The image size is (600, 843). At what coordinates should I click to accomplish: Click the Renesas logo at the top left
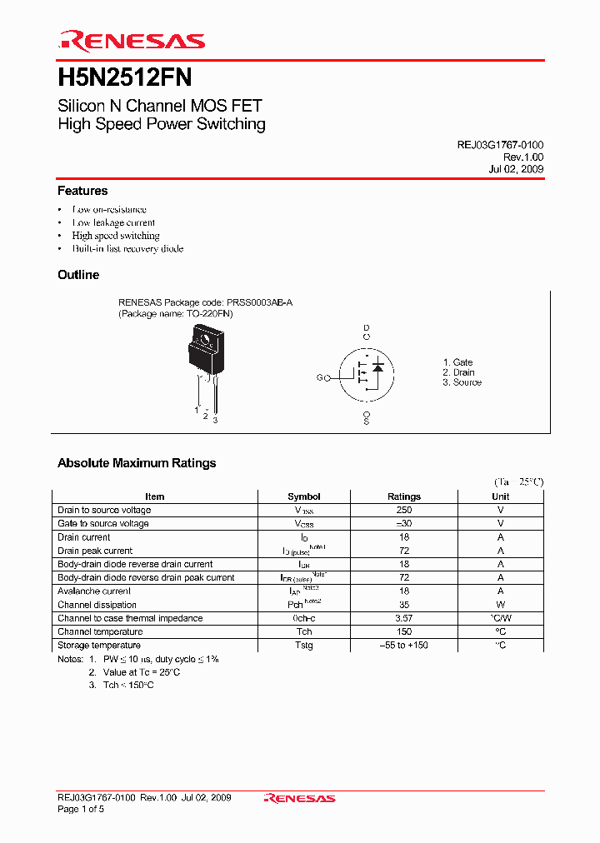point(131,41)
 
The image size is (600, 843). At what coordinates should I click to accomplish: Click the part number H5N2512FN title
point(125,78)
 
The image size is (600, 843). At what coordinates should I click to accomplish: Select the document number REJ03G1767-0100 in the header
point(500,145)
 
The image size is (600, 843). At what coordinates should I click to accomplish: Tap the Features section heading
point(82,191)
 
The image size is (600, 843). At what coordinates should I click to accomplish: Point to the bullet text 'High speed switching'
point(116,236)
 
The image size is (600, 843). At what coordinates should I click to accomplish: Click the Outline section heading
point(78,275)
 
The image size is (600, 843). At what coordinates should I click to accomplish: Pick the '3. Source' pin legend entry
point(462,382)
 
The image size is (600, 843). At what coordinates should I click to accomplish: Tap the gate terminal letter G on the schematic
point(319,378)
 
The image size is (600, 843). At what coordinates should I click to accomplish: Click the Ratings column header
point(404,496)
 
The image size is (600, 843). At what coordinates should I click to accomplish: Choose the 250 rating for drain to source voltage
point(404,510)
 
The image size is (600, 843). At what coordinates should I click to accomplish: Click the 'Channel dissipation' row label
point(97,605)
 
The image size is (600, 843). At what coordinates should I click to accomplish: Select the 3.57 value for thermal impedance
point(404,618)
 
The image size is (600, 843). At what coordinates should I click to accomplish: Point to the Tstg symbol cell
point(303,646)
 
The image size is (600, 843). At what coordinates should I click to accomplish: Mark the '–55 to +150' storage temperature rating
point(404,646)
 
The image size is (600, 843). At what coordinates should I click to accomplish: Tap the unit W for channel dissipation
point(501,605)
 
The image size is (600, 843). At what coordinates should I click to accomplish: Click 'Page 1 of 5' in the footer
point(81,810)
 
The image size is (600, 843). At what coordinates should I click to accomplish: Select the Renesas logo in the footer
point(299,799)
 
